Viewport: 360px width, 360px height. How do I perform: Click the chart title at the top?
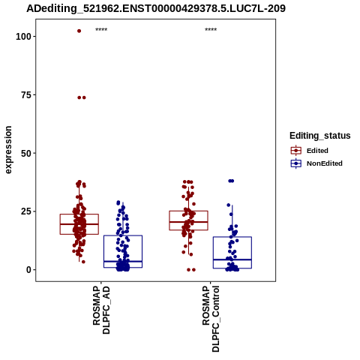[156, 8]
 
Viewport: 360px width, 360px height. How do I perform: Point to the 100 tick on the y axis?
[23, 37]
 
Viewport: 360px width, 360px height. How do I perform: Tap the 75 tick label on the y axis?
[26, 95]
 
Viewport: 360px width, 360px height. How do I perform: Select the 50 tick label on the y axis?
[26, 153]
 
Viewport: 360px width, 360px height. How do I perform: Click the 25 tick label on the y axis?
[26, 211]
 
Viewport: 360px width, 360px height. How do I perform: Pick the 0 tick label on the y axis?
[28, 270]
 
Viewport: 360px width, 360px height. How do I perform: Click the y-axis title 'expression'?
[8, 150]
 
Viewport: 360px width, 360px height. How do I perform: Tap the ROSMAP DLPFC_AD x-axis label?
[101, 310]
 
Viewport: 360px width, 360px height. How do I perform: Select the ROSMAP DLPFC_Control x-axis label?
[211, 319]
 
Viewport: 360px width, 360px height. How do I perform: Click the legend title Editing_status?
[320, 136]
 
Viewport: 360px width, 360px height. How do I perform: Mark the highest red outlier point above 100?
[79, 31]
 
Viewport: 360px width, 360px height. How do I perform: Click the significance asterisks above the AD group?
[101, 30]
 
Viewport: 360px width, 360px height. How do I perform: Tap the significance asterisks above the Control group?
[211, 30]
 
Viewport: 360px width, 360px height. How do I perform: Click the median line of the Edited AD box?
[79, 224]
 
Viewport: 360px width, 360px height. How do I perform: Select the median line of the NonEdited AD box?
[123, 261]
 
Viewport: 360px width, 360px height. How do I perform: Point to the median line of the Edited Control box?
[189, 222]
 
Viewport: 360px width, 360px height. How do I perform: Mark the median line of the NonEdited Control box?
[232, 259]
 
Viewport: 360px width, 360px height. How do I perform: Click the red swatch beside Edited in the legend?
[296, 151]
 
